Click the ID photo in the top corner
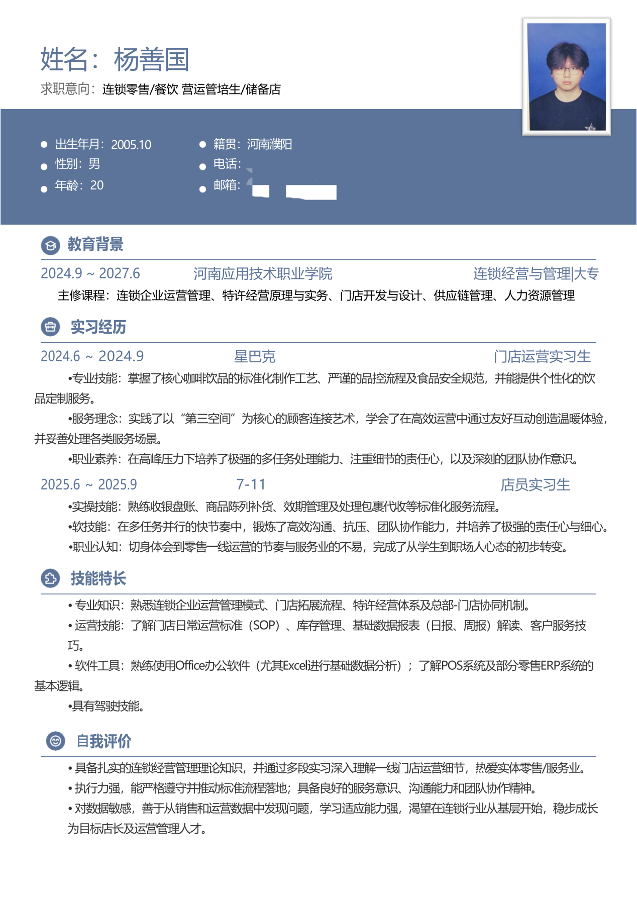coord(566,76)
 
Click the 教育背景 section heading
coord(95,245)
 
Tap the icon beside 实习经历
coord(50,327)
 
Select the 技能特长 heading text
coord(98,578)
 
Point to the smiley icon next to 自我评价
coord(55,741)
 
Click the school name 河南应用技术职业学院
coord(263,274)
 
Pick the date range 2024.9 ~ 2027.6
coord(90,274)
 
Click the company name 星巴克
coord(255,357)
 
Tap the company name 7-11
coord(251,484)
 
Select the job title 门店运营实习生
coord(542,357)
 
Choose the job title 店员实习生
coord(535,485)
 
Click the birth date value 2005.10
coord(131,145)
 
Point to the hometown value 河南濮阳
coord(269,145)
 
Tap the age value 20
coord(97,185)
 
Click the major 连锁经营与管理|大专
coord(536,274)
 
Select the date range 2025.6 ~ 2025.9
coord(89,484)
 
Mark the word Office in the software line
coord(190,666)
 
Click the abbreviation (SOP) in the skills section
coord(266,626)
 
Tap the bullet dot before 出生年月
coord(44,145)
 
